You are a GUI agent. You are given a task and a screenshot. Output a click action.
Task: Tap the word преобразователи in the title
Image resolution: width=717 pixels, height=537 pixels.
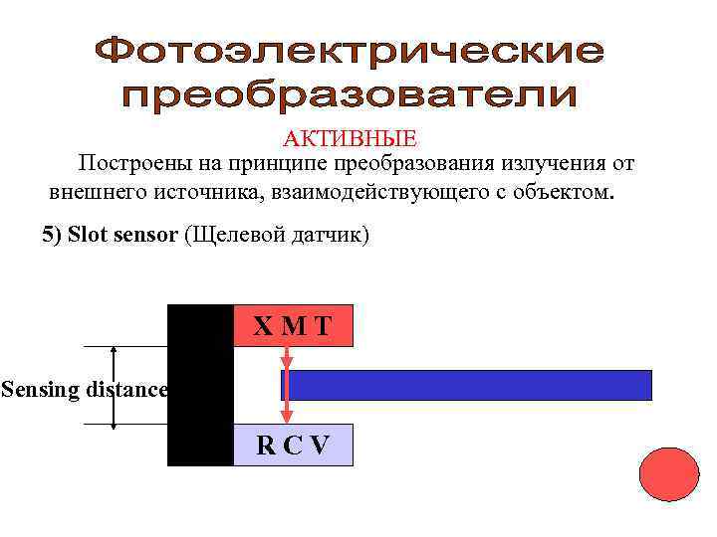pyautogui.click(x=350, y=96)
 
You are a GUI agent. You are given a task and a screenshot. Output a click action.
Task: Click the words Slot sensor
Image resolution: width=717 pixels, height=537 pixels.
pyautogui.click(x=123, y=236)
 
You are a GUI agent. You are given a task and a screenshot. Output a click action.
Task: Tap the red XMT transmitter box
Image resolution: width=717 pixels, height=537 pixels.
pyautogui.click(x=293, y=325)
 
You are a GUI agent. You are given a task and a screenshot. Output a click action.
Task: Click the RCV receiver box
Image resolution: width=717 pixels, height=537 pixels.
pyautogui.click(x=293, y=445)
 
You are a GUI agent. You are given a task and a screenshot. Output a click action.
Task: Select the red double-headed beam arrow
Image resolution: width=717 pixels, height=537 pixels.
pyautogui.click(x=286, y=385)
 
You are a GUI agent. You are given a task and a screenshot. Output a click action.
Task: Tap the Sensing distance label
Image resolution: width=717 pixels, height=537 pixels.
pyautogui.click(x=84, y=389)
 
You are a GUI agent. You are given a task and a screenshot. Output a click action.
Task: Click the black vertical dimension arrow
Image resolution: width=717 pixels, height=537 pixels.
pyautogui.click(x=115, y=388)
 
